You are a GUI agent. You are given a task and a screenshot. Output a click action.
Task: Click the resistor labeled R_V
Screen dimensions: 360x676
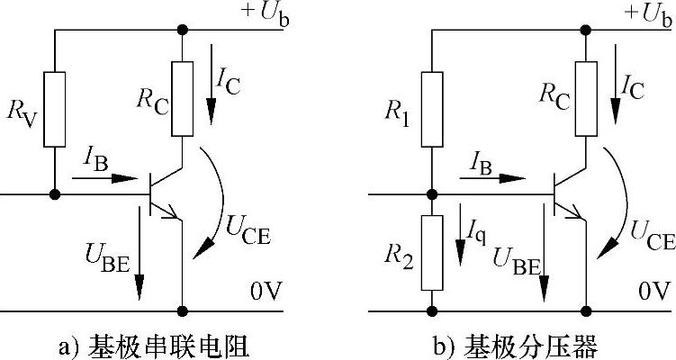coord(55,109)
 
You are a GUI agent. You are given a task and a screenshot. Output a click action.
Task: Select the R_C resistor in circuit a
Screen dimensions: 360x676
coord(183,98)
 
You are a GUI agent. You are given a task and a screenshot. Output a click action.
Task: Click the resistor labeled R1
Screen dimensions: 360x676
coord(433,110)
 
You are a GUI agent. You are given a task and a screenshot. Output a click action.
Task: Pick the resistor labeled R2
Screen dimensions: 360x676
coord(433,251)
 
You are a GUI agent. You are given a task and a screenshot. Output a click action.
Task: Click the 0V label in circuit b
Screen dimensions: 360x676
coord(654,292)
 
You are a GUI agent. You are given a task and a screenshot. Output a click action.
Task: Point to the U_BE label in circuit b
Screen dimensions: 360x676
coord(516,261)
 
